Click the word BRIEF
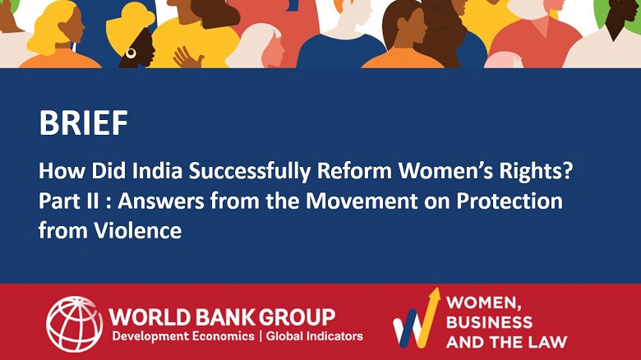coord(83,122)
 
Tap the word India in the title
coord(157,171)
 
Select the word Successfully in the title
coord(249,172)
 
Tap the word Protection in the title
coord(509,201)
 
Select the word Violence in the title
coord(138,231)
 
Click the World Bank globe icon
coord(75,324)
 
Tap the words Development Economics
coord(183,337)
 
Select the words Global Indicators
coord(315,336)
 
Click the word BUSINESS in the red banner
coord(489,322)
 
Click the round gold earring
coord(131,53)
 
